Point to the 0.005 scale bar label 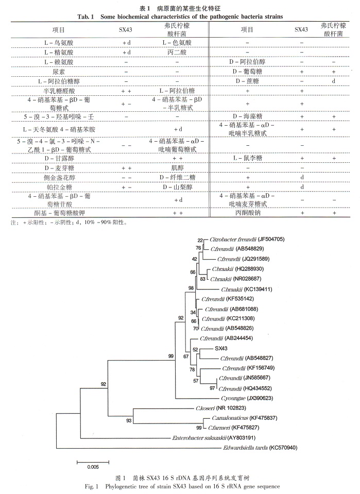pyautogui.click(x=93, y=467)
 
